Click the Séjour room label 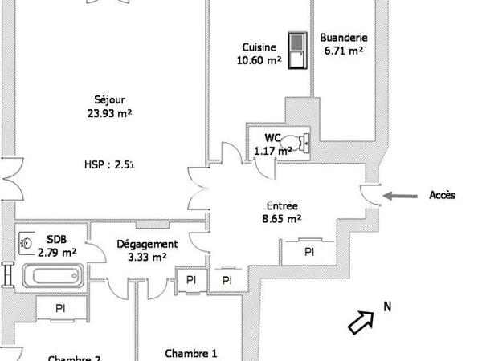coord(109,100)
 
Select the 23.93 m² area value coord(109,113)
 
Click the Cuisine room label coord(259,47)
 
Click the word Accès coord(443,195)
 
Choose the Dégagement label coord(146,245)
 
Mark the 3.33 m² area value coord(146,258)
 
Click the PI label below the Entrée coord(308,252)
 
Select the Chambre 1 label coord(190,352)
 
